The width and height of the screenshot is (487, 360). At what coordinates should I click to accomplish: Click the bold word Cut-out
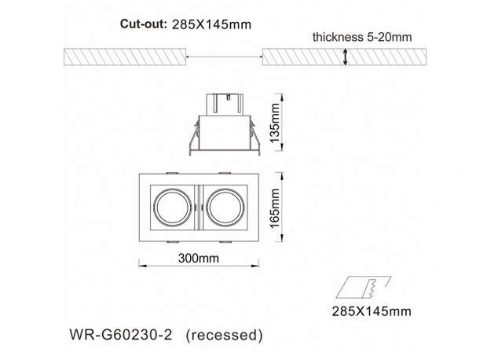point(144,24)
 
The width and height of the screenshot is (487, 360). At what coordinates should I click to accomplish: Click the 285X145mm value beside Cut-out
point(211,24)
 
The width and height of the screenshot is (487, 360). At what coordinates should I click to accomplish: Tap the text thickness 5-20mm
point(362,37)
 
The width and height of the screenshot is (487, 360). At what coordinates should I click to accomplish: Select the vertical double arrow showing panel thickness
point(345,57)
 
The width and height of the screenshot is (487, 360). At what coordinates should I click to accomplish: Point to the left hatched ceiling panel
point(125,57)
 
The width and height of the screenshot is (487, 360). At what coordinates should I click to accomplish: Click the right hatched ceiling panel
point(344,57)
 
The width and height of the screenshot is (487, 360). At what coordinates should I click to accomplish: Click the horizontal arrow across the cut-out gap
point(224,57)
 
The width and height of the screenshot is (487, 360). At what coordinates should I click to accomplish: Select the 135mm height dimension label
point(275,123)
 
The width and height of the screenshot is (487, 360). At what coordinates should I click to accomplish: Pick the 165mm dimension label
point(275,208)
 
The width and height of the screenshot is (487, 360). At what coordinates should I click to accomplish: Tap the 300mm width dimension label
point(199,258)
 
